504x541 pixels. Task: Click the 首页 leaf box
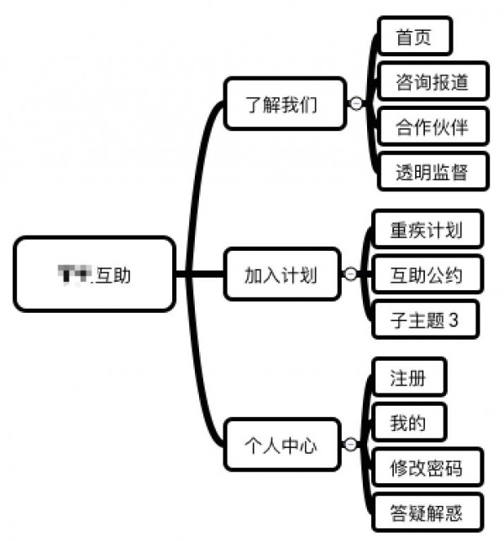coord(413,36)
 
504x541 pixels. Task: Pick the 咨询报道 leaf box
coord(431,82)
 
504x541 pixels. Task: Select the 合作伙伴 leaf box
coord(431,127)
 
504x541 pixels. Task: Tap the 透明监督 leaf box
coord(431,174)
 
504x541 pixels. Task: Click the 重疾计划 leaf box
coord(426,229)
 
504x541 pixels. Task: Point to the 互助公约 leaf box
coord(426,273)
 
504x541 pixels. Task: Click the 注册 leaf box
coord(407,377)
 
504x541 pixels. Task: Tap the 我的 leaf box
coord(407,423)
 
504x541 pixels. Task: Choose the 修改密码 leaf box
coord(426,467)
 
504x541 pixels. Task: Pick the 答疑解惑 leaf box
coord(426,512)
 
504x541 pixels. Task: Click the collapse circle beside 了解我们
coord(355,103)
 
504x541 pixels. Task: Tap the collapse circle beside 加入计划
coord(350,273)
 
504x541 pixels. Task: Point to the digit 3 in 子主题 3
coord(454,320)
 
